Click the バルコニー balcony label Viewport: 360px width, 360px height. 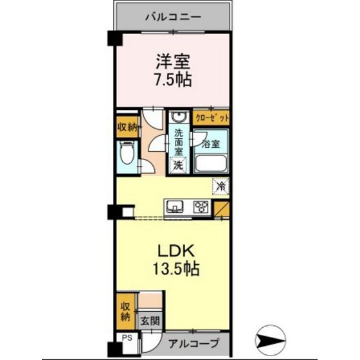[174, 17]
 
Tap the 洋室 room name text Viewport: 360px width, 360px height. [173, 62]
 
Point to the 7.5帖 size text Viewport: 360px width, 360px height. [173, 80]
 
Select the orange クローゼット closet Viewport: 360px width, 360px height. [212, 118]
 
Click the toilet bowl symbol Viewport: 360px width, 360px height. [127, 153]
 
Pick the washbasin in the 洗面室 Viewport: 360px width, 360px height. [179, 117]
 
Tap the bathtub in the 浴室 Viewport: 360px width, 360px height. [211, 164]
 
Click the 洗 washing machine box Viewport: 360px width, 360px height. [178, 165]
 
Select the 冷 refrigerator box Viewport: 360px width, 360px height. [221, 186]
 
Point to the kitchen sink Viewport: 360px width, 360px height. [175, 206]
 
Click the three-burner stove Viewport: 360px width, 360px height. [202, 206]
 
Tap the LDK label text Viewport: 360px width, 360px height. [176, 251]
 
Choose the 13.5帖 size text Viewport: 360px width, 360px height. [176, 269]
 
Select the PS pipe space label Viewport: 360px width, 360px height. [127, 338]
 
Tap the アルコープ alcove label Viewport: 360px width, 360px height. [194, 344]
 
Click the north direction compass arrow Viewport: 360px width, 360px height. [271, 340]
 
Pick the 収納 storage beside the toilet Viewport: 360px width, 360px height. [128, 127]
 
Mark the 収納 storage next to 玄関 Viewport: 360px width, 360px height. [126, 312]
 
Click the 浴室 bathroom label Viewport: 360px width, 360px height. [211, 144]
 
